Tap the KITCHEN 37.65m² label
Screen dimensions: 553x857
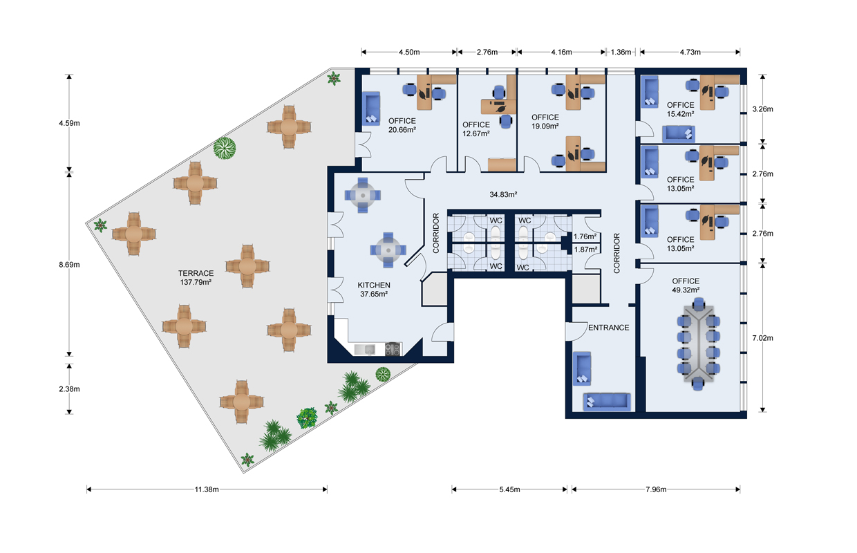click(373, 289)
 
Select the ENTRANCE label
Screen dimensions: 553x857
click(608, 327)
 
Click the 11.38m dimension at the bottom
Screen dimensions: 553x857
click(207, 489)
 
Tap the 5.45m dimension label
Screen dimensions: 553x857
click(510, 489)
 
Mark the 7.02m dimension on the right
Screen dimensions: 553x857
click(762, 338)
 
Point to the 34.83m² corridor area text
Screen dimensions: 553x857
click(504, 194)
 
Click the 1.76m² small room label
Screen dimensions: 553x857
click(585, 236)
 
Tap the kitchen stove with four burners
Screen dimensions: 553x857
click(393, 350)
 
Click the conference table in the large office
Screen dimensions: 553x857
click(699, 342)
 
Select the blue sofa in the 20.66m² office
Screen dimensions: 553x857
click(372, 110)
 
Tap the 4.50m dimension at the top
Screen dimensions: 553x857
click(408, 52)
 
